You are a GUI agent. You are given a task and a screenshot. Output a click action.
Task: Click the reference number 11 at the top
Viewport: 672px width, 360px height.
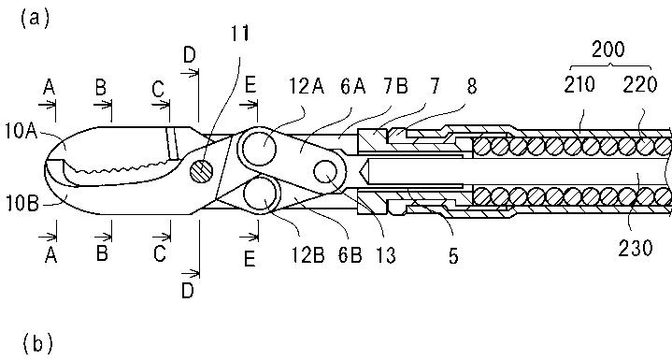[x=239, y=34]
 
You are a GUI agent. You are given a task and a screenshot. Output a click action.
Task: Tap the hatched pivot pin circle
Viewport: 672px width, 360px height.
[x=201, y=170]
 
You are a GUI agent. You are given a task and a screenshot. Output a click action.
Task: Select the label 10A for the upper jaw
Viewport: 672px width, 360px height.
[x=21, y=131]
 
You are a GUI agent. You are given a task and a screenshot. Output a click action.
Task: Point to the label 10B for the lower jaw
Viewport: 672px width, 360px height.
[x=21, y=204]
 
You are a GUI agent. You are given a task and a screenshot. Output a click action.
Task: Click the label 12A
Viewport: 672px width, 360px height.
[x=306, y=87]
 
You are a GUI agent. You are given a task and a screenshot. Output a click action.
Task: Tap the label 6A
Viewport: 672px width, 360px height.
[x=353, y=87]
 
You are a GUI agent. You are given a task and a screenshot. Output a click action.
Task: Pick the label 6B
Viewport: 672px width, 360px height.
[x=350, y=255]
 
